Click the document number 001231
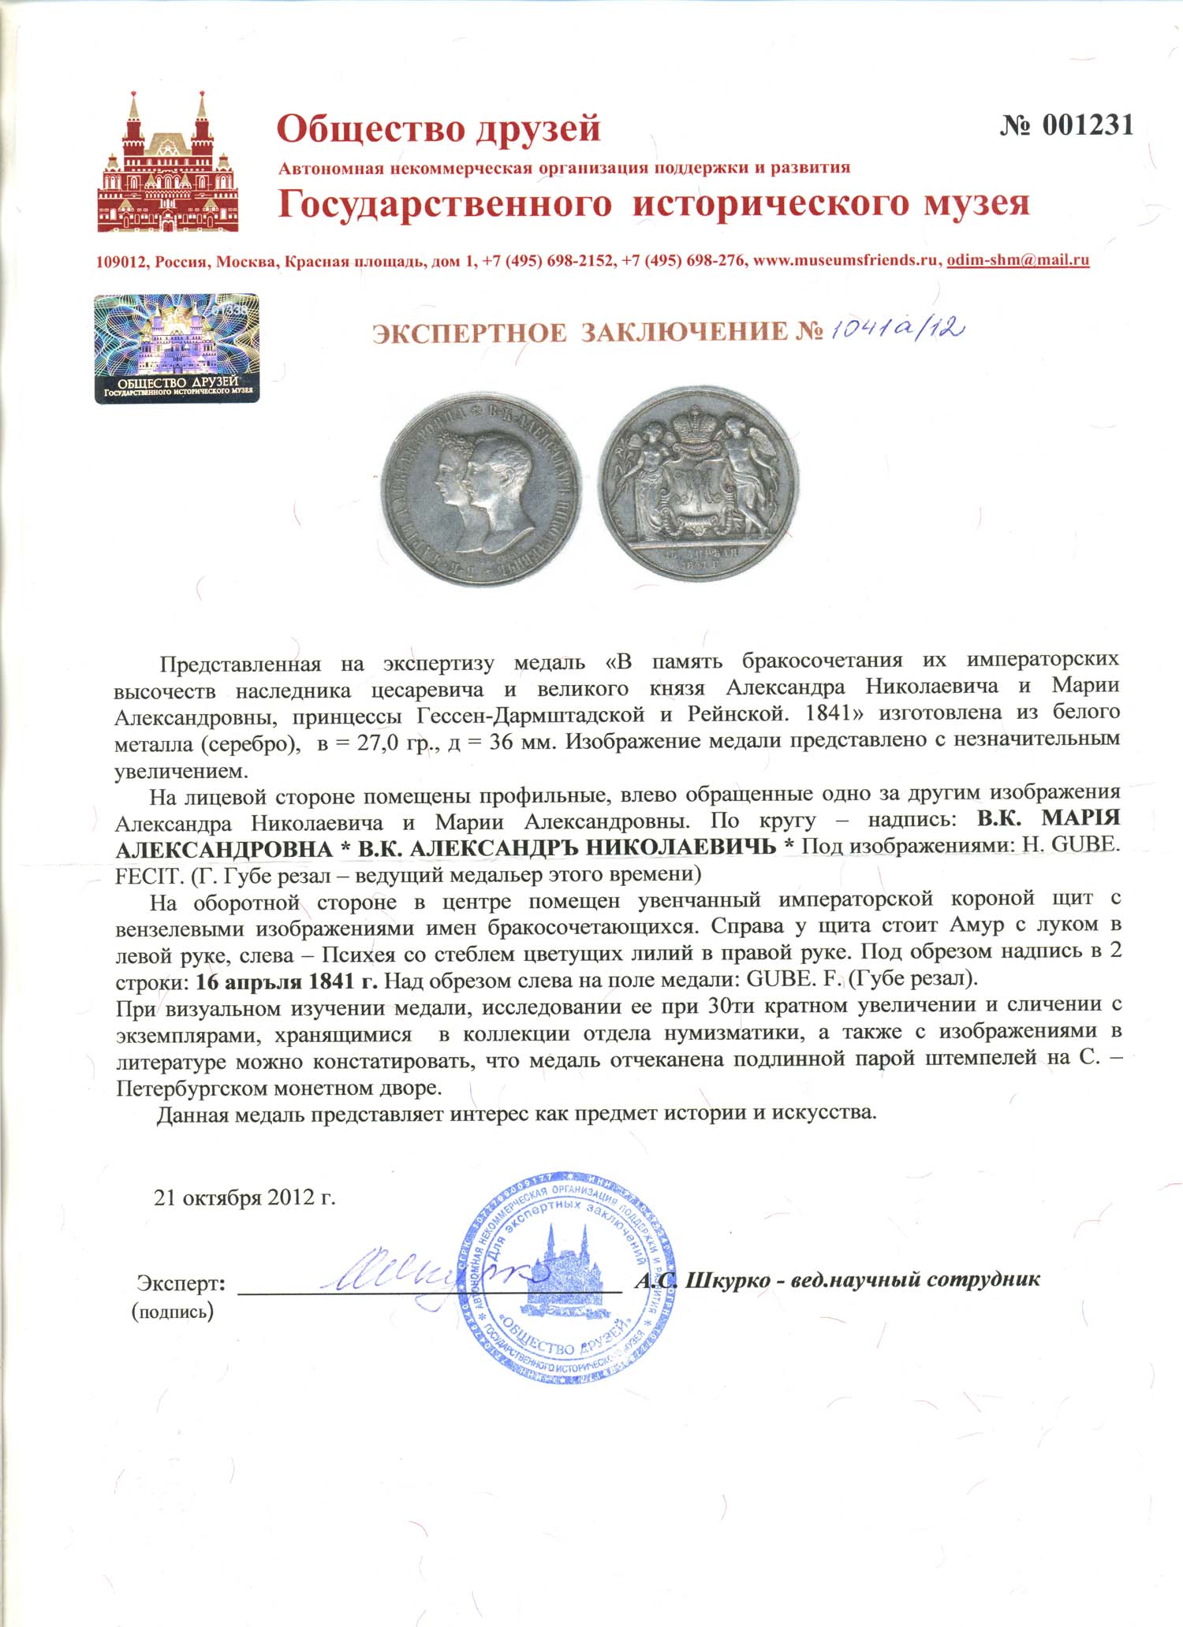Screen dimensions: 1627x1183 pos(1066,125)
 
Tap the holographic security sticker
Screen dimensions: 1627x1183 pos(177,348)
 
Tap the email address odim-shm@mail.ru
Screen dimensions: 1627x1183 pos(1017,260)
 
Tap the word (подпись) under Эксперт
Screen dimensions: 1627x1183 pos(173,1312)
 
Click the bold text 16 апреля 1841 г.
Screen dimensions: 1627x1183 pos(287,981)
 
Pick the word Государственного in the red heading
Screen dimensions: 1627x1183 pos(445,204)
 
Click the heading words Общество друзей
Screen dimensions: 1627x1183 pos(438,128)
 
